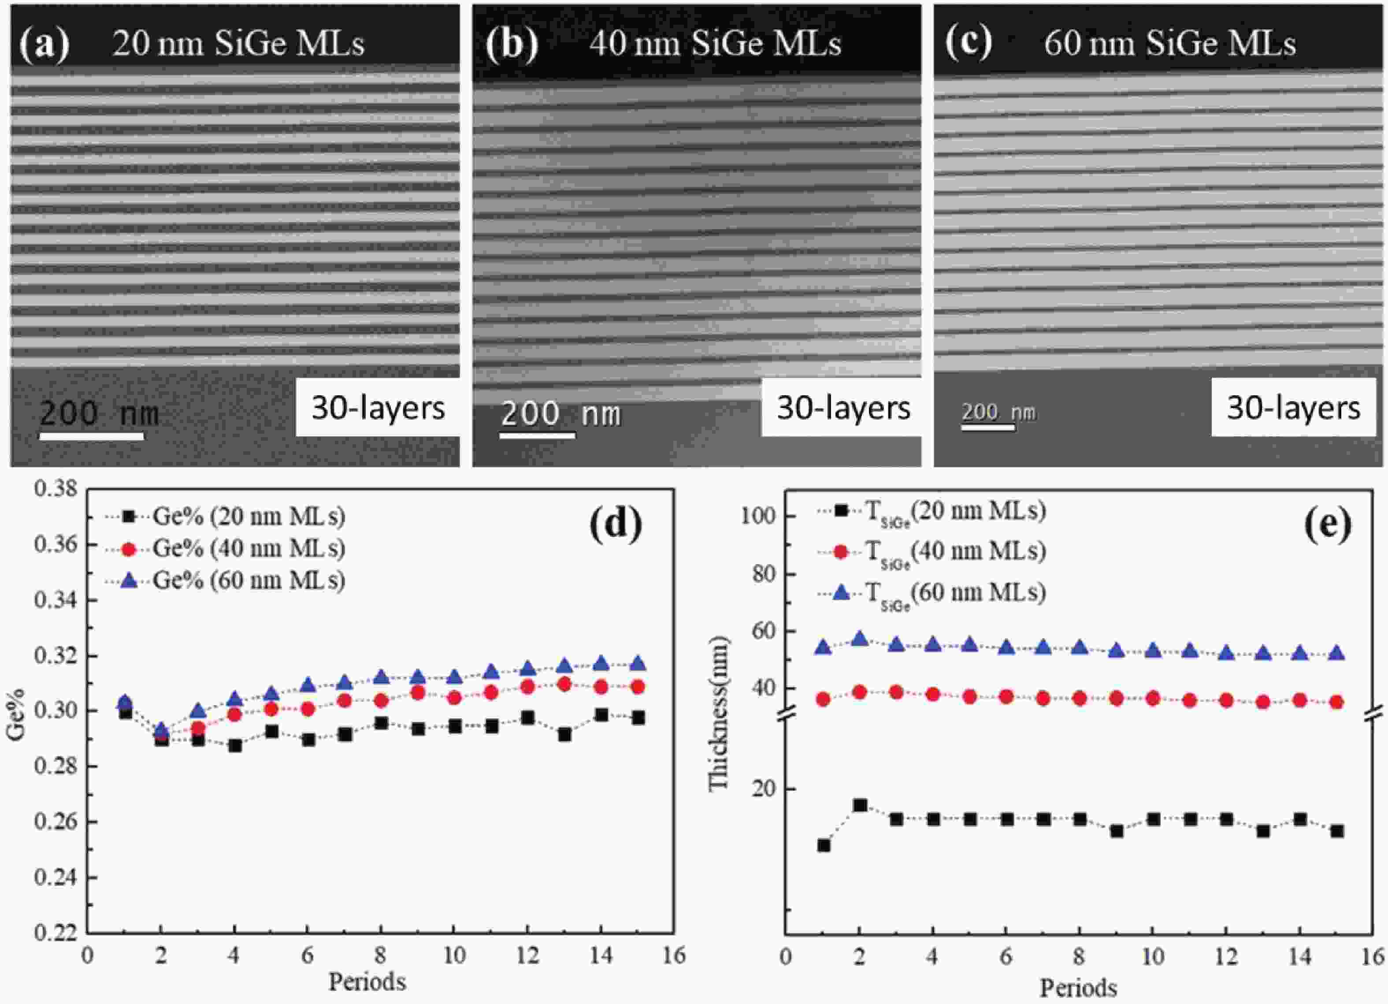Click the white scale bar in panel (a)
[91, 436]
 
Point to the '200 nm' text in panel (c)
[998, 412]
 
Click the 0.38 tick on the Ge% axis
[56, 488]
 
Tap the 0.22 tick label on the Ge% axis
[56, 933]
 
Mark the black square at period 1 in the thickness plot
[824, 845]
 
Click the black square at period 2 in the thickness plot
[860, 805]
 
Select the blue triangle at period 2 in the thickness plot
[860, 639]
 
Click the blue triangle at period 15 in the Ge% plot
[638, 664]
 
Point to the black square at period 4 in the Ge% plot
[234, 746]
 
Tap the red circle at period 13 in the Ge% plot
[564, 684]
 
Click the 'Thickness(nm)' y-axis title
[720, 713]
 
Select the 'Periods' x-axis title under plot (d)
[367, 982]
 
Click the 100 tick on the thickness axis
[758, 516]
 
